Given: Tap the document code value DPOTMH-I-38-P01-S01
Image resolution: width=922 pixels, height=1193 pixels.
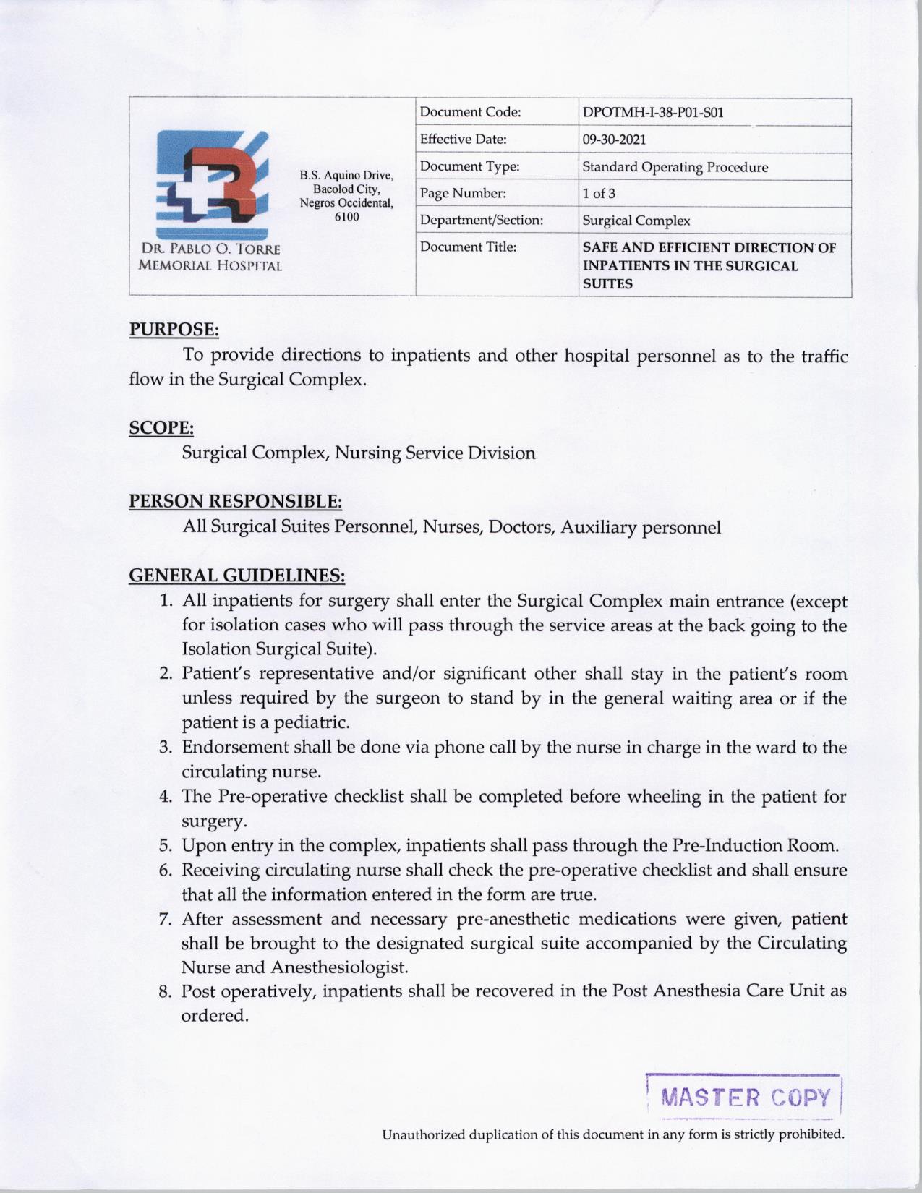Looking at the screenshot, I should (652, 113).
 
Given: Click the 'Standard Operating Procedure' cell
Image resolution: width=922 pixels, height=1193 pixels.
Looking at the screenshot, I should (675, 167).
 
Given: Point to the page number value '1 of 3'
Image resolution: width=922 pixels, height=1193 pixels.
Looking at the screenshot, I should (599, 194).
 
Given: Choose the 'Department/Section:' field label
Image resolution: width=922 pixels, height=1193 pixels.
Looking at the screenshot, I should (482, 221).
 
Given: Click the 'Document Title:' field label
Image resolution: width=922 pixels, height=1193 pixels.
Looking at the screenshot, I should (468, 247).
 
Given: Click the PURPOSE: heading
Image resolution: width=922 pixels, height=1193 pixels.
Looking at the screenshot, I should (174, 330).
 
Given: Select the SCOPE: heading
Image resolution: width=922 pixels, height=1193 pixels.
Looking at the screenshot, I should (161, 428).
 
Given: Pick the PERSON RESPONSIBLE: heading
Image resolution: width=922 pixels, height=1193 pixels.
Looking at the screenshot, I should (235, 501).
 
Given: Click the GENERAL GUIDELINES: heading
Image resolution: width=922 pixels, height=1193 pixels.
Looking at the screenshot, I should (236, 576).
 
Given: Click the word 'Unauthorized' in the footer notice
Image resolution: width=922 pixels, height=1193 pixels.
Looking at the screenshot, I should (424, 1134).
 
